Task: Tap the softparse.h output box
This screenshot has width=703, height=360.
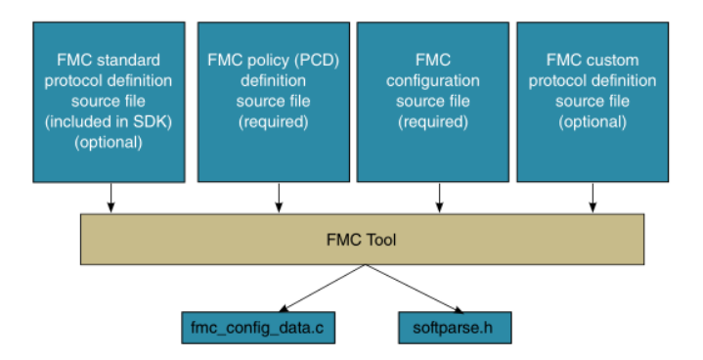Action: (455, 328)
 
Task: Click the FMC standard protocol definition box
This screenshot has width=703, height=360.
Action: (108, 101)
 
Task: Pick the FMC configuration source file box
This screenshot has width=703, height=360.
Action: (432, 101)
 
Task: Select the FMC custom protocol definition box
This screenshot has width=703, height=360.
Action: (593, 101)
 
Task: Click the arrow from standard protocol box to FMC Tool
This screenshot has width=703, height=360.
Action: (110, 197)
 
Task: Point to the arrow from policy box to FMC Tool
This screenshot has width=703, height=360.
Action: (280, 197)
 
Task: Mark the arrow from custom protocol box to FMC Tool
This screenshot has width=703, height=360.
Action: (592, 197)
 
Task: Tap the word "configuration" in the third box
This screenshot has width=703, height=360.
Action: (432, 79)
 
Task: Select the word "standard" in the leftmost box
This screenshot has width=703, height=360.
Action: (132, 59)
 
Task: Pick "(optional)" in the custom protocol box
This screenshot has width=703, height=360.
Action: (593, 121)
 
